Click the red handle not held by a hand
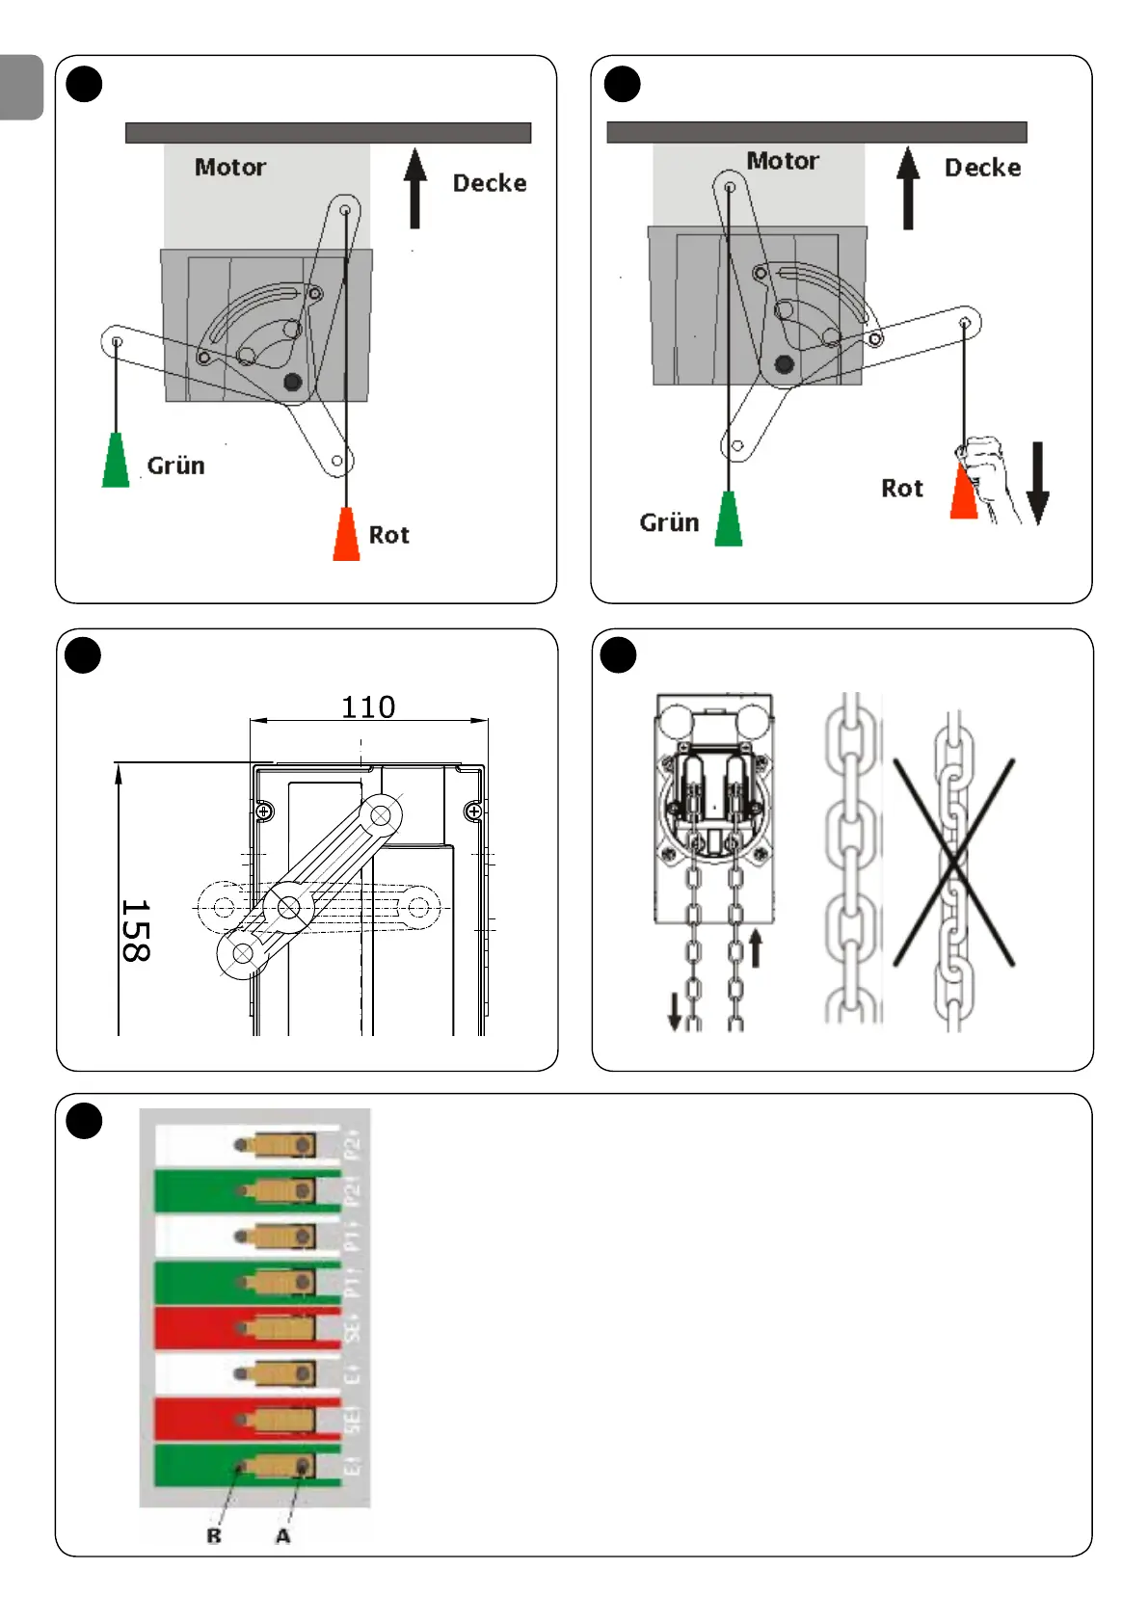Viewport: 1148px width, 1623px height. pyautogui.click(x=346, y=534)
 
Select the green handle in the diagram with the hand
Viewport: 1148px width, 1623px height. pyautogui.click(x=729, y=519)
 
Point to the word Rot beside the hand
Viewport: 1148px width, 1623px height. pyautogui.click(x=901, y=489)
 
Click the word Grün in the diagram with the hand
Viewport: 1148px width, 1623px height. pyautogui.click(x=669, y=522)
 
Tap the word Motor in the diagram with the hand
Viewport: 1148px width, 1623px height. pyautogui.click(x=783, y=161)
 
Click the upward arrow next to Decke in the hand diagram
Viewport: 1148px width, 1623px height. pyautogui.click(x=908, y=188)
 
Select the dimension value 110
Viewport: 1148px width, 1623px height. pyautogui.click(x=368, y=707)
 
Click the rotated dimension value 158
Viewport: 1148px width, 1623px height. pyautogui.click(x=135, y=931)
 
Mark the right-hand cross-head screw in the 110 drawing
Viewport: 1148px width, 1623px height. pyautogui.click(x=473, y=811)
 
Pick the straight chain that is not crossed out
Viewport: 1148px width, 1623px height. pyautogui.click(x=851, y=858)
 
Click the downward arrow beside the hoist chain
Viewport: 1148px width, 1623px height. pyautogui.click(x=675, y=1011)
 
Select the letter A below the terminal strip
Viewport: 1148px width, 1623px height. pyautogui.click(x=282, y=1536)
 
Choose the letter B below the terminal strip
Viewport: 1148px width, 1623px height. pyautogui.click(x=214, y=1536)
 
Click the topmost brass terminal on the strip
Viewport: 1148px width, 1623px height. pyautogui.click(x=278, y=1145)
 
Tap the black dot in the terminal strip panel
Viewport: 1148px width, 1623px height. pyautogui.click(x=84, y=1121)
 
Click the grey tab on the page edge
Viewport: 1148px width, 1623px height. pyautogui.click(x=21, y=87)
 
